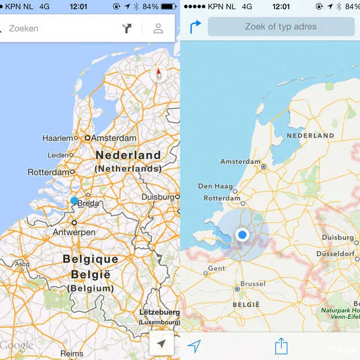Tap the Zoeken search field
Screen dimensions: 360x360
click(58, 28)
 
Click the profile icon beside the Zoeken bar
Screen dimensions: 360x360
click(158, 28)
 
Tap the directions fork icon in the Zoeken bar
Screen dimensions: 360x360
click(127, 28)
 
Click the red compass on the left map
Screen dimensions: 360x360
click(159, 74)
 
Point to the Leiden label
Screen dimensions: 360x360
click(58, 155)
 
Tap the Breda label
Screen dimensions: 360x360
click(88, 203)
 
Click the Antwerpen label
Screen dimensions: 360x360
click(74, 232)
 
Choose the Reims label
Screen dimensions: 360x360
click(72, 353)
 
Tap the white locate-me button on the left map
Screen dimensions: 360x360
click(161, 344)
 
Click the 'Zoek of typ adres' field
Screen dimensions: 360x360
click(281, 27)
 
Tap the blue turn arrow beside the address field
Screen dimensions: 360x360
click(195, 26)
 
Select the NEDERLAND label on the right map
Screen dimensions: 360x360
click(310, 135)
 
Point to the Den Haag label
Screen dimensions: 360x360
click(214, 186)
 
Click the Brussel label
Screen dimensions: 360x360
click(253, 284)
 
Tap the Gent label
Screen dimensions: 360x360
click(216, 268)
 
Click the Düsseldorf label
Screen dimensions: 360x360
click(336, 254)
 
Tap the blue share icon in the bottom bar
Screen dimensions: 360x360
click(281, 346)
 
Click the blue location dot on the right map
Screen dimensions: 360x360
click(243, 235)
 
